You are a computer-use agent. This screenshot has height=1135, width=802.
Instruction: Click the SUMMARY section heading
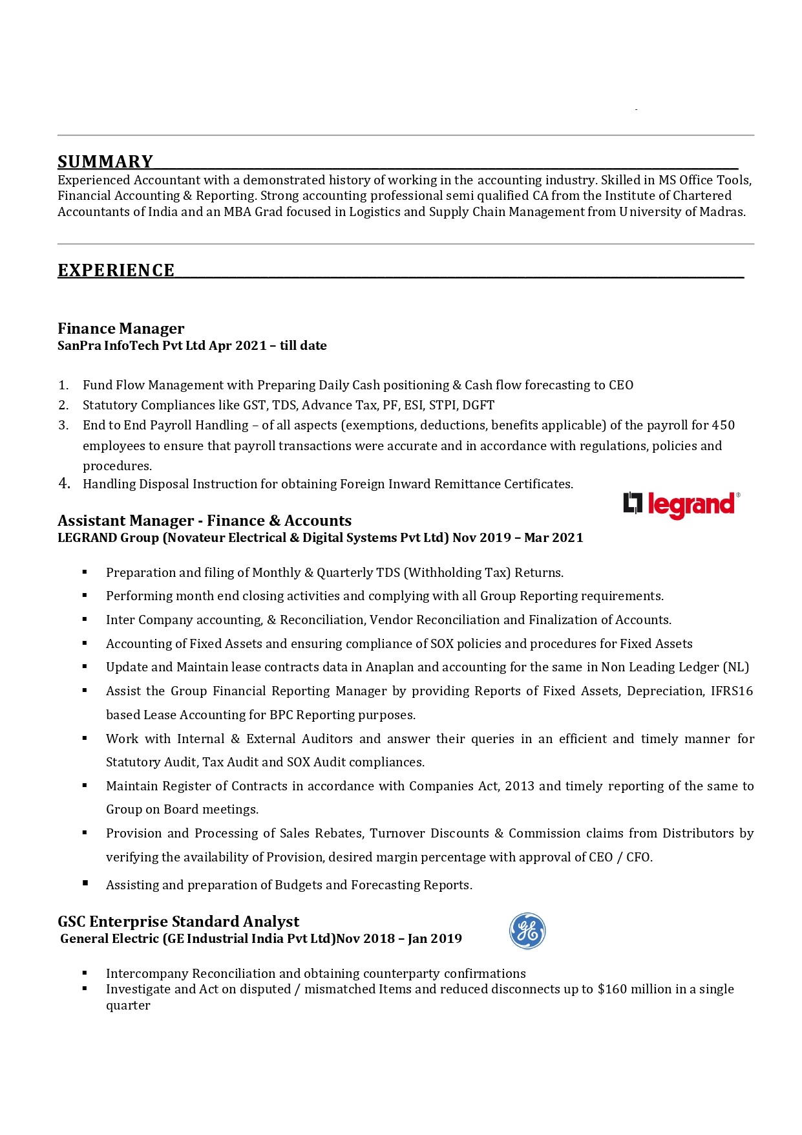[x=105, y=162]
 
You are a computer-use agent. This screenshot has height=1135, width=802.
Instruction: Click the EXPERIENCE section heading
[x=116, y=270]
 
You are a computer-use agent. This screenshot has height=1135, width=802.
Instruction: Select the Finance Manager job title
[x=121, y=329]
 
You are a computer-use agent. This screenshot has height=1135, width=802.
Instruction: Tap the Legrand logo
[x=681, y=504]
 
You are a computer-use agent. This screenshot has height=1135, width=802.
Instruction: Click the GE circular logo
[x=527, y=931]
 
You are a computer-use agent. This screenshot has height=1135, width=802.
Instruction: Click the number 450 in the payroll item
[x=723, y=426]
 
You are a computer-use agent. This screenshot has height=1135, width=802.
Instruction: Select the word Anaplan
[x=390, y=667]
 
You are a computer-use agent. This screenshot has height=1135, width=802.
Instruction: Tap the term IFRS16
[x=732, y=691]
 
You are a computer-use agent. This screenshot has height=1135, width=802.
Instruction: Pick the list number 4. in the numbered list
[x=64, y=484]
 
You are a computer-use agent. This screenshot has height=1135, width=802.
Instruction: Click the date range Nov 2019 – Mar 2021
[x=518, y=538]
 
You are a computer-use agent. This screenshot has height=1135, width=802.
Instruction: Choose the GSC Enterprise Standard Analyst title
[x=178, y=922]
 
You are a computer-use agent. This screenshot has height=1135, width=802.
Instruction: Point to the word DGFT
[x=478, y=405]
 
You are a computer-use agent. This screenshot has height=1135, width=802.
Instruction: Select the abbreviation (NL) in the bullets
[x=736, y=667]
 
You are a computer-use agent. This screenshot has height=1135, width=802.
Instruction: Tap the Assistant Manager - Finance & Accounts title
[x=204, y=521]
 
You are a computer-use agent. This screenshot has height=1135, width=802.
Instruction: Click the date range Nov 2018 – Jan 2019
[x=399, y=939]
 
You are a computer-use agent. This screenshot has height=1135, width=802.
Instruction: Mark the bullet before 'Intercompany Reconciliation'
[x=85, y=973]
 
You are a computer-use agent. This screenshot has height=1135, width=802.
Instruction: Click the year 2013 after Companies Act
[x=520, y=786]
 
